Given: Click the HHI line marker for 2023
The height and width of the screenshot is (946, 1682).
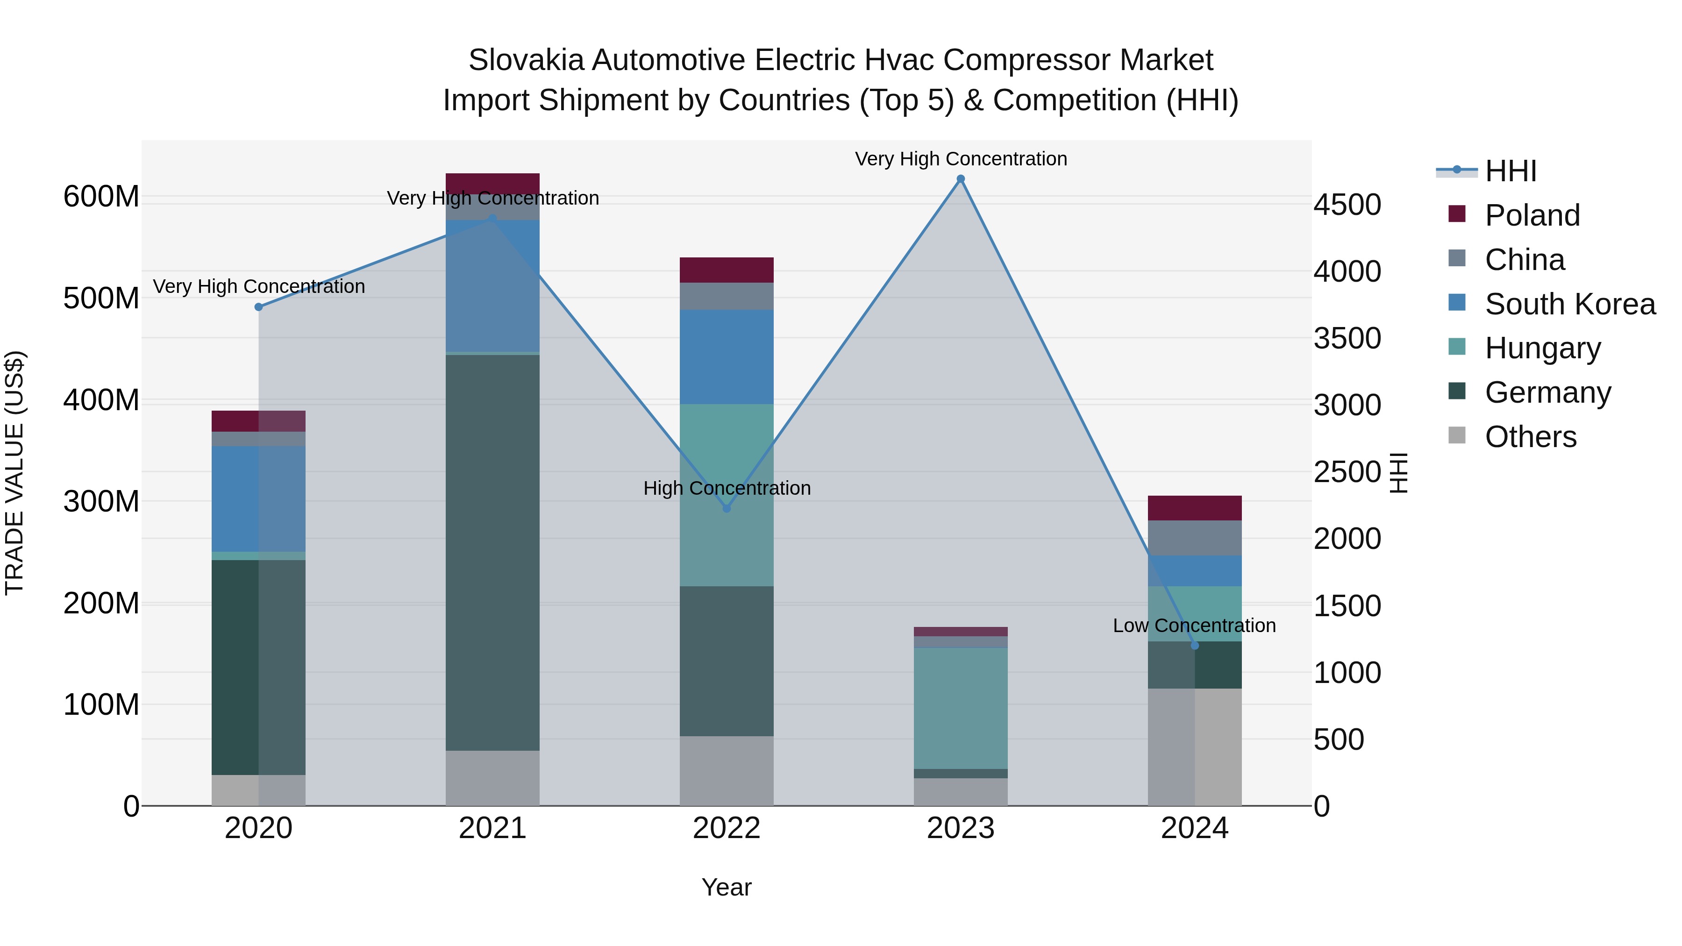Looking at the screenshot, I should (x=961, y=179).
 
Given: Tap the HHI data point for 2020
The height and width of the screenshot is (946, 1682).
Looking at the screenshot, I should (x=258, y=307).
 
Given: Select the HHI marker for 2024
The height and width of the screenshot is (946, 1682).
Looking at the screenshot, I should (x=1195, y=646).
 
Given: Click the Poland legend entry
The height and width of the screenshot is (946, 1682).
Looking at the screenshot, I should (x=1532, y=215).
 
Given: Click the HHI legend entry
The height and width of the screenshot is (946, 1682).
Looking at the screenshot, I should (x=1510, y=171).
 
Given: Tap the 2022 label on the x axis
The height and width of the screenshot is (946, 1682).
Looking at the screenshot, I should (x=726, y=828).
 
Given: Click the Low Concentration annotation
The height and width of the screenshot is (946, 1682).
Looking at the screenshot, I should (x=1194, y=626).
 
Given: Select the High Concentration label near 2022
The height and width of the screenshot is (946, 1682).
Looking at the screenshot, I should (x=727, y=488).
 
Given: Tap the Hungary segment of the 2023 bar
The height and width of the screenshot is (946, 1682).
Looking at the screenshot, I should (x=961, y=708).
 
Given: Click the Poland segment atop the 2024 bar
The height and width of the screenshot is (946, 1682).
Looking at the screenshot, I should (x=1194, y=508).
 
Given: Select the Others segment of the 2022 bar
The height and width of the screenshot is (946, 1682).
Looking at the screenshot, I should (x=726, y=770).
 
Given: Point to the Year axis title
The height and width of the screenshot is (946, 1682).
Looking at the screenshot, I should (x=726, y=887).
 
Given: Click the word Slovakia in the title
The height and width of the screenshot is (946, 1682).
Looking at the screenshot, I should (x=526, y=60).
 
